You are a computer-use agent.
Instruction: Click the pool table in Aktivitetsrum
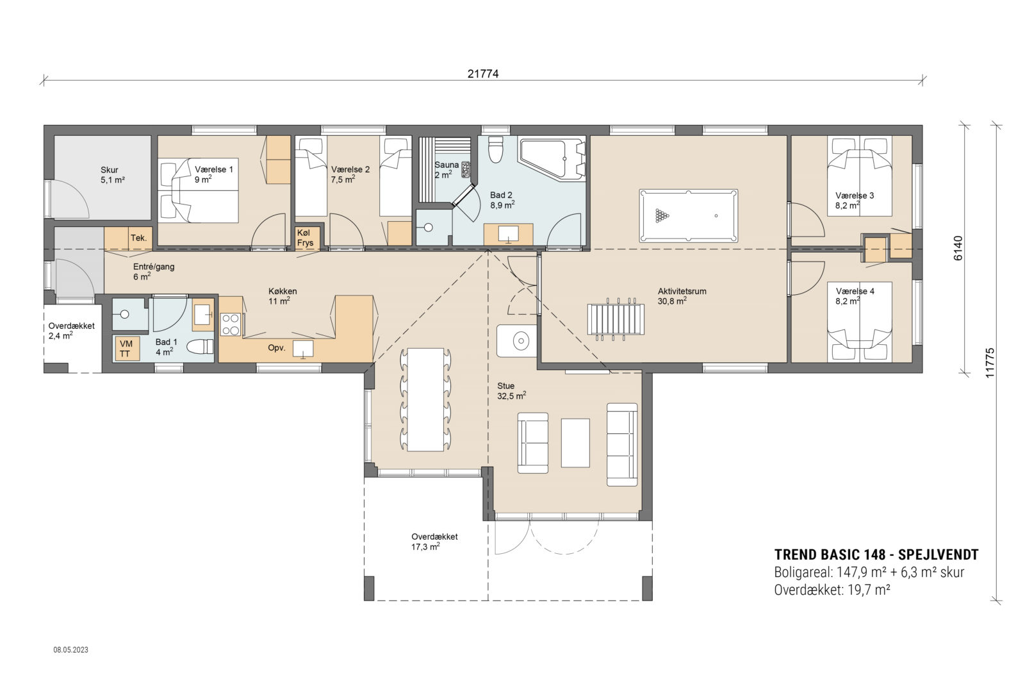click(688, 215)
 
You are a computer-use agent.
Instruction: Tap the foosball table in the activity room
click(615, 319)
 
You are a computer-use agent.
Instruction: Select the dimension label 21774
click(482, 74)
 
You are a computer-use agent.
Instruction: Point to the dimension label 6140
click(958, 248)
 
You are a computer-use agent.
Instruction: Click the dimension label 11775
click(990, 363)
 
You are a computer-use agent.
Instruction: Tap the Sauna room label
click(446, 165)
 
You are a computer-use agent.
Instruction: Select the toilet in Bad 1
click(200, 347)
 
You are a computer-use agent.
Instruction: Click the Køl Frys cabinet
click(306, 238)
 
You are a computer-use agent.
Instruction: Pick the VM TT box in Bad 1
click(126, 349)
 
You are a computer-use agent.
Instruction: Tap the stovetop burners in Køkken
click(231, 324)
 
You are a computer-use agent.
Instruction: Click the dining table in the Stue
click(425, 399)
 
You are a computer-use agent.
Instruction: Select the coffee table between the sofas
click(575, 442)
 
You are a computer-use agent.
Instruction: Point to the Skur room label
click(110, 170)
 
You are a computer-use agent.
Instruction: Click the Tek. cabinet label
click(139, 238)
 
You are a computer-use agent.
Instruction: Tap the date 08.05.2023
click(70, 649)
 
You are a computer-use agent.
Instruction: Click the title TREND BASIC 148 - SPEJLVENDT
click(876, 555)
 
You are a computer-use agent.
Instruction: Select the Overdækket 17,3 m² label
click(434, 542)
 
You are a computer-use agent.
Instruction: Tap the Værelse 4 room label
click(855, 291)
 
